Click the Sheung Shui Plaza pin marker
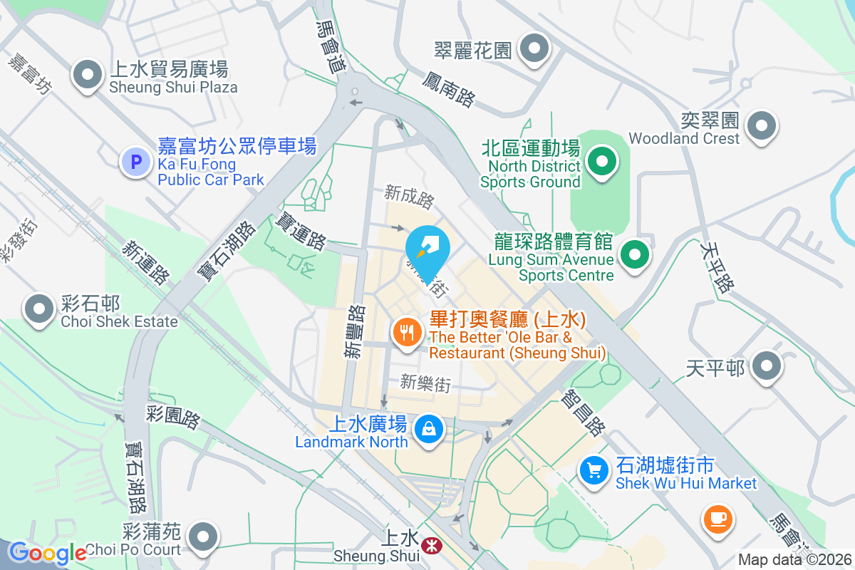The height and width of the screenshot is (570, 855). click(88, 74)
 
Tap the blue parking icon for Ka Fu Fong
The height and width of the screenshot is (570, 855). click(136, 162)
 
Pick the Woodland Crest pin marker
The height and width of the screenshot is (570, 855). click(762, 126)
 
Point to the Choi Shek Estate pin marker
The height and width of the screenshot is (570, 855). click(39, 309)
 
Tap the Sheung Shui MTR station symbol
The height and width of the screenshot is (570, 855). click(430, 546)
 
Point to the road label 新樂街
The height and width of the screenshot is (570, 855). click(425, 383)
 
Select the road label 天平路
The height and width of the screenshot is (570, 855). click(717, 266)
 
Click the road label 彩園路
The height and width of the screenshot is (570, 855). click(174, 417)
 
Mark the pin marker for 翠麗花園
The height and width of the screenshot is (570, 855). click(534, 49)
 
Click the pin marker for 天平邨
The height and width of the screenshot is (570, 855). click(767, 366)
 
